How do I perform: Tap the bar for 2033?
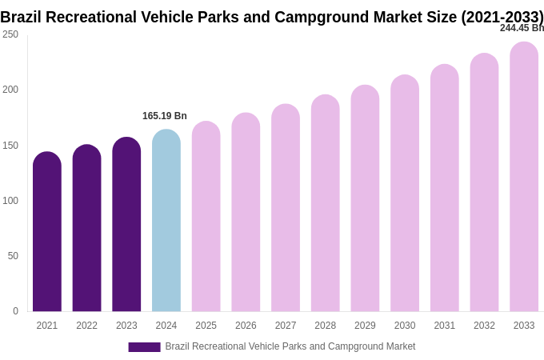pos(524,177)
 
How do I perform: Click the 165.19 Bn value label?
pos(165,116)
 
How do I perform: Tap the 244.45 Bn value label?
pos(522,28)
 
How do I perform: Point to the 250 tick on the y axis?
pos(10,34)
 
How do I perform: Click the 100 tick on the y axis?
pos(10,201)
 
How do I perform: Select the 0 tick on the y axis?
pos(15,311)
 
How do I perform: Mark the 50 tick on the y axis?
pos(13,256)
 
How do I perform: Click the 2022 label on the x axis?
pos(87,326)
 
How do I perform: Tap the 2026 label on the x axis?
pos(246,326)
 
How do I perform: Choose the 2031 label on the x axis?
pos(445,326)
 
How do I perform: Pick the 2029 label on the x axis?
pos(365,326)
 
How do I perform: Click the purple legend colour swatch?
pos(144,347)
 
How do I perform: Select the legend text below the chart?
pos(290,346)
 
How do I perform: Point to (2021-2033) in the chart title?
pos(502,17)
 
